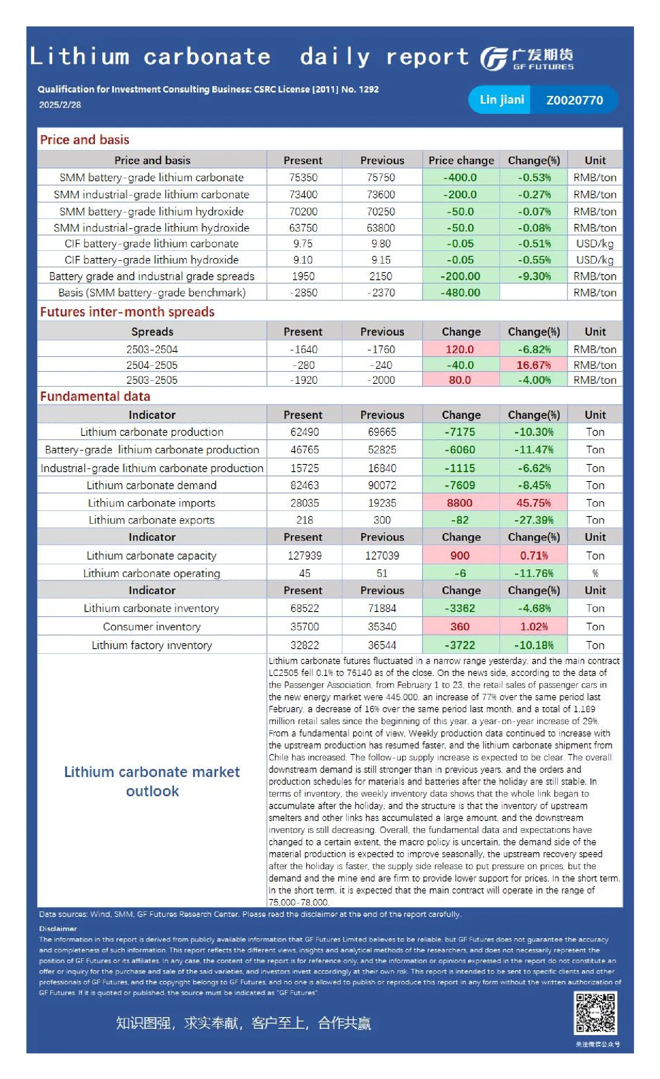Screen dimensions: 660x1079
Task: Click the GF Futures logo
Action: (x=527, y=59)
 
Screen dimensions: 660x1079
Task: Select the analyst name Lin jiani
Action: (x=501, y=99)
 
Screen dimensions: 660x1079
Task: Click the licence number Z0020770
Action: (x=574, y=100)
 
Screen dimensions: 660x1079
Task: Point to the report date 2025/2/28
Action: (x=60, y=104)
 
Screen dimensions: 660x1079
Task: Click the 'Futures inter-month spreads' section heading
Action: (x=127, y=312)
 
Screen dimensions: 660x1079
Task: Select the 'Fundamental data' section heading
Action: (x=95, y=396)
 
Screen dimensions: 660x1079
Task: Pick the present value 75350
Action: (x=303, y=177)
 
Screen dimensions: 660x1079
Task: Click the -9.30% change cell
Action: (x=534, y=276)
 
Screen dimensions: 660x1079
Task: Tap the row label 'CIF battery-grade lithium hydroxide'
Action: (x=151, y=260)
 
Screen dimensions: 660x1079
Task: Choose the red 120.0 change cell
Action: (x=460, y=349)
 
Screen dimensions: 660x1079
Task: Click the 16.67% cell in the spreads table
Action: (x=534, y=365)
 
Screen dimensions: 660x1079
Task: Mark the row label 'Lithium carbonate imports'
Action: (x=151, y=503)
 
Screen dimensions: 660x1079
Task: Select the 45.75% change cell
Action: (x=534, y=503)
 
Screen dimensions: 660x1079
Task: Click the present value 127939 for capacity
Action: (x=304, y=555)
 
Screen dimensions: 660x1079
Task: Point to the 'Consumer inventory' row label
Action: (x=151, y=627)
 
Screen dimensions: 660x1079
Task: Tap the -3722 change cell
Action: (x=460, y=645)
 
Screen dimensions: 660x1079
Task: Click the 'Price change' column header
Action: (x=461, y=160)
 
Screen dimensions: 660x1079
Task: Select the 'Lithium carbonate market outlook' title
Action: (x=152, y=781)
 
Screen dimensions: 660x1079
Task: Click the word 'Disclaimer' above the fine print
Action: (x=58, y=928)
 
